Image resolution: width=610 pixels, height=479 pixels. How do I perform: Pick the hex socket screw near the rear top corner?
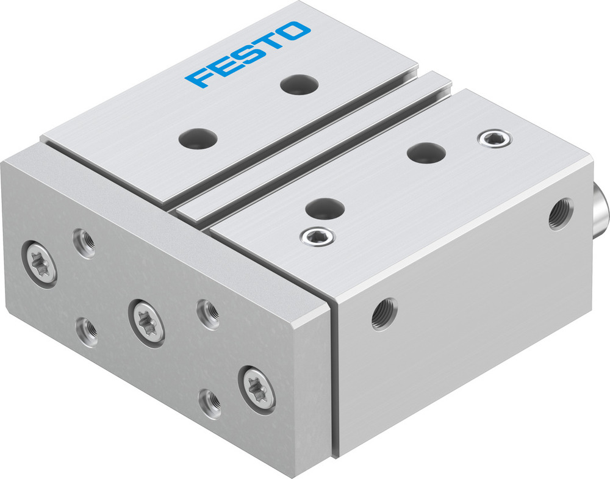[495, 139]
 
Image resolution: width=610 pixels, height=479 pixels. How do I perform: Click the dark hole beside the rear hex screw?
[425, 152]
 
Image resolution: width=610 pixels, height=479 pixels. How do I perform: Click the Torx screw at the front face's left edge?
[42, 263]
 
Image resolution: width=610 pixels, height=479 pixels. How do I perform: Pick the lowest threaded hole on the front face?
[210, 401]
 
